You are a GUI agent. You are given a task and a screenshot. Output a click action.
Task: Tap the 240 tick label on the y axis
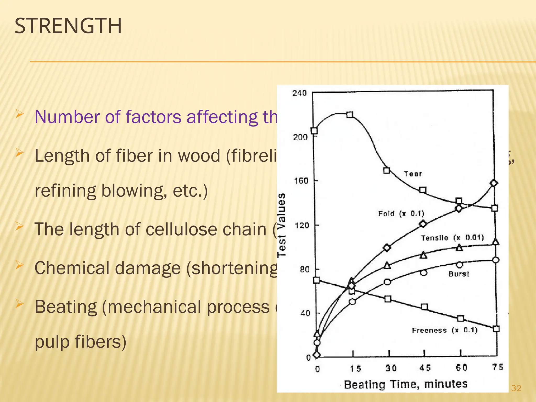pos(299,93)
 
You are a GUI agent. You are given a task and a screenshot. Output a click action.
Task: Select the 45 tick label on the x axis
pos(425,368)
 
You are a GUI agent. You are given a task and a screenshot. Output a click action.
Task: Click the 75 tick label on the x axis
pos(498,367)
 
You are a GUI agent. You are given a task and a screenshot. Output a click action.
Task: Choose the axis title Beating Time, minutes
pos(406,384)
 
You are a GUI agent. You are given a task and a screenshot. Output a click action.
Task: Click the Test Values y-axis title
pos(282,225)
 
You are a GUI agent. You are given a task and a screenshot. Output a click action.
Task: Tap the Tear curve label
pos(413,174)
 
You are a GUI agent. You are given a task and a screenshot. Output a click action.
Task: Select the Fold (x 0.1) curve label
pos(401,214)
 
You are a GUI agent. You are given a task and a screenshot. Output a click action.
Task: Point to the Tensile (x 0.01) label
pos(452,238)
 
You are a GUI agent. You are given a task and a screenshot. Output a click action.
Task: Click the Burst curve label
pos(459,274)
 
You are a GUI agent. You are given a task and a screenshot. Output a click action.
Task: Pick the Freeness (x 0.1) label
pos(445,330)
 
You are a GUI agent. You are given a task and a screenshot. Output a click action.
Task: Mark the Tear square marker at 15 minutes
pos(350,115)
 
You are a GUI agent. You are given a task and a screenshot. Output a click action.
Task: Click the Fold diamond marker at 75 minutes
pos(494,183)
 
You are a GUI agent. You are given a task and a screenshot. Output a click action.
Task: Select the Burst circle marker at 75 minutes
pos(495,260)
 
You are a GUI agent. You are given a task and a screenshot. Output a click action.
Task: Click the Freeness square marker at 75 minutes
pos(496,329)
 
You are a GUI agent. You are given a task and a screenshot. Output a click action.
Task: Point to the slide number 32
pos(516,388)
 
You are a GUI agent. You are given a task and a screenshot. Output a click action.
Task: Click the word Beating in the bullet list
pos(66,307)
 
